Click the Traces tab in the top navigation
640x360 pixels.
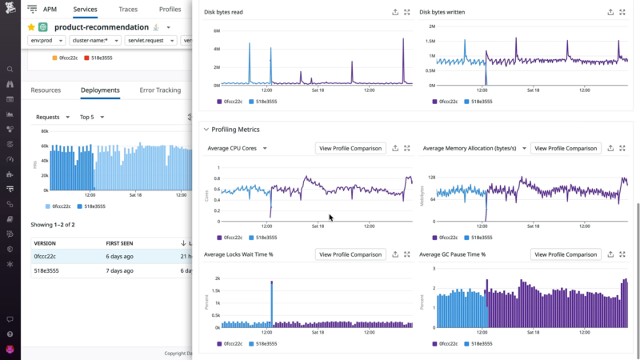(127, 10)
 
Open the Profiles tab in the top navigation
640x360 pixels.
(170, 10)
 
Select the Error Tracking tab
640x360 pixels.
(160, 90)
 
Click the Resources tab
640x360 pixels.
(46, 90)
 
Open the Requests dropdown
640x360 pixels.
(51, 117)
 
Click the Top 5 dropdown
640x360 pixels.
(91, 117)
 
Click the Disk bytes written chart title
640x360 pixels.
(442, 13)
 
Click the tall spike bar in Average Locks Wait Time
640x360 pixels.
(272, 304)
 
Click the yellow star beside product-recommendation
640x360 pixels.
(31, 27)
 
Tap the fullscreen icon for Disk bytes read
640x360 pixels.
(407, 13)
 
